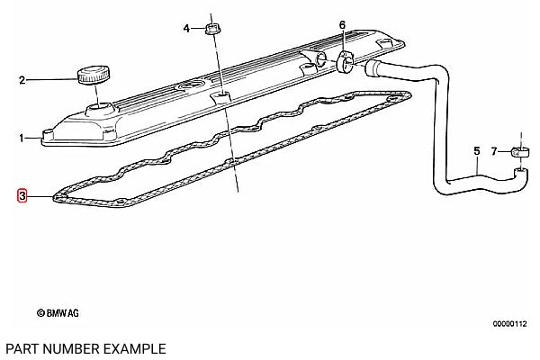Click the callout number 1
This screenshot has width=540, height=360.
pos(22,139)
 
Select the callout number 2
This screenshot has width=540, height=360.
pos(22,81)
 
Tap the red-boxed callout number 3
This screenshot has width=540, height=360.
pos(22,196)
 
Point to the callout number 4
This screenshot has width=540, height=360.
pos(186,28)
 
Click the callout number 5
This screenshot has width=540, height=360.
pos(477,151)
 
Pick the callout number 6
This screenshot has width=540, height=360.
pos(342,25)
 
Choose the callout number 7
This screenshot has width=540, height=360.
pos(494,151)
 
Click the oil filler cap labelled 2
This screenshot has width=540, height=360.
pos(94,75)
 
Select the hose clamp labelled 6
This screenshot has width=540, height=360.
pos(345,62)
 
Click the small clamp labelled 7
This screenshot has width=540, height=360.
pos(520,152)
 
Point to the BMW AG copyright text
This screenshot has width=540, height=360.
pos(58,313)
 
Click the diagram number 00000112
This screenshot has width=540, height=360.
pos(509,323)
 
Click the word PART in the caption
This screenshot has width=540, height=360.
pos(22,348)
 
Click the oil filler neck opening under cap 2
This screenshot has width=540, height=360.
pos(100,110)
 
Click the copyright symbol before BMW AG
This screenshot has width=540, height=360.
pos(40,313)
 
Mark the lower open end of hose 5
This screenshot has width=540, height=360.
pos(521,171)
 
